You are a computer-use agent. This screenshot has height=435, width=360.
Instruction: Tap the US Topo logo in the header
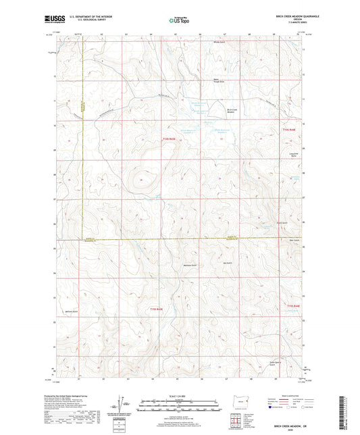tap(179, 20)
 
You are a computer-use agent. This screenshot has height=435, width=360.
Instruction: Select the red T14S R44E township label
tap(289, 128)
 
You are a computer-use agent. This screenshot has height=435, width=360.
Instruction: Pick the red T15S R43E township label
tap(156, 309)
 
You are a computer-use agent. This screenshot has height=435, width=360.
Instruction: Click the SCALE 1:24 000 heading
tap(179, 395)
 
